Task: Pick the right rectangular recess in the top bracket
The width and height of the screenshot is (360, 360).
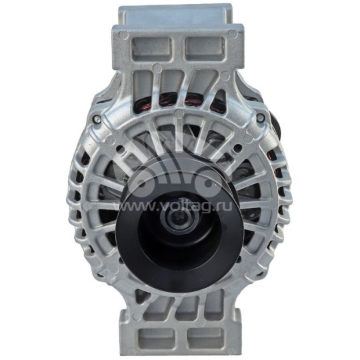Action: [x=203, y=46]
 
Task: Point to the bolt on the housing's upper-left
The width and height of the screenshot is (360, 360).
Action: [x=98, y=119]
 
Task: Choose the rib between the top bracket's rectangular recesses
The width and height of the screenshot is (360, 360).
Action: [x=178, y=46]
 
